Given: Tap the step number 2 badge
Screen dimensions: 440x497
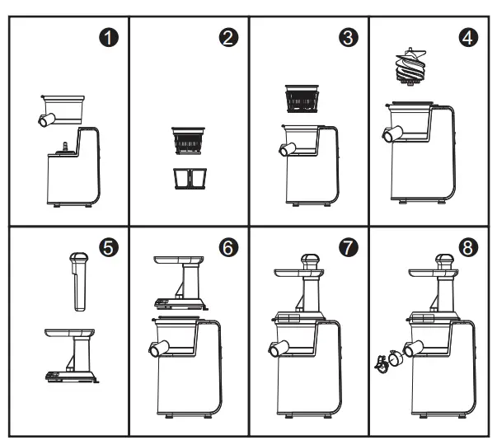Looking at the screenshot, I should click(230, 37).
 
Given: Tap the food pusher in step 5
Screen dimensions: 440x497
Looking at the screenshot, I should click(78, 280).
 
